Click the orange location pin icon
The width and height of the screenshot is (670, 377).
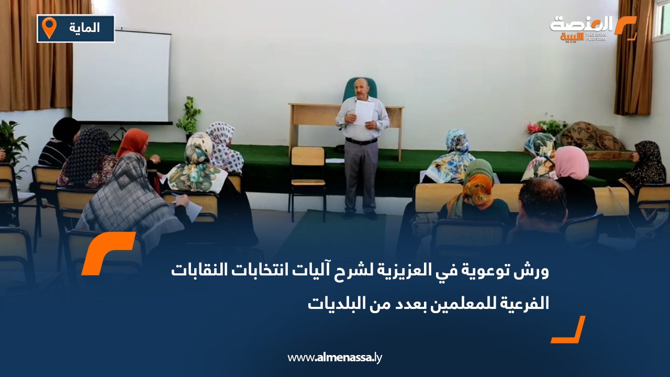[49, 28]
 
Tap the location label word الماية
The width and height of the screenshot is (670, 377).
[84, 28]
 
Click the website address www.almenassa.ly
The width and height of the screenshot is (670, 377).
[335, 358]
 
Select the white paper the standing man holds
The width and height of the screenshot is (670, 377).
[364, 112]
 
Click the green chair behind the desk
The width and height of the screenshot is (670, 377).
[360, 89]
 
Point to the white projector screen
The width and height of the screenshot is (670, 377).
[121, 76]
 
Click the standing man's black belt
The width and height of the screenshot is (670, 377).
[361, 141]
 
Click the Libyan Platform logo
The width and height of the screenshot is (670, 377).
[592, 28]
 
